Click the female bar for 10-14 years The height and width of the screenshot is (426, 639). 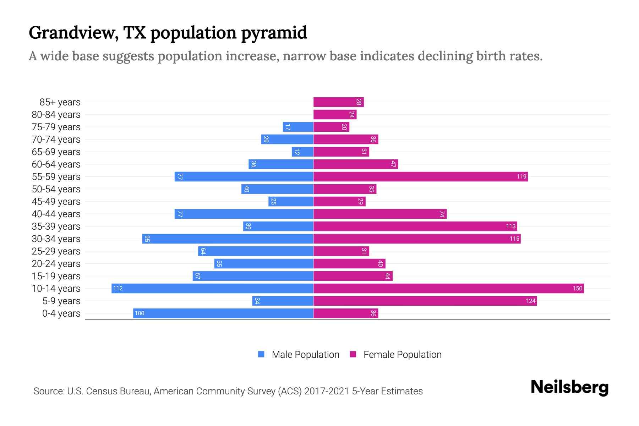pyautogui.click(x=448, y=288)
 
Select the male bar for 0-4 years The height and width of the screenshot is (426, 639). pyautogui.click(x=223, y=313)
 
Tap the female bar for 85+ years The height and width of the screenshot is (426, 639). pyautogui.click(x=338, y=102)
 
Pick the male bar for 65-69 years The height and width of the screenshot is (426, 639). pyautogui.click(x=302, y=152)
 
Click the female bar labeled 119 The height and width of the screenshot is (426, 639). pyautogui.click(x=420, y=176)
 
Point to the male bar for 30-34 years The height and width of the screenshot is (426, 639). pyautogui.click(x=228, y=239)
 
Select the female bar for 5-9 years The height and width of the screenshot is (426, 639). pyautogui.click(x=425, y=301)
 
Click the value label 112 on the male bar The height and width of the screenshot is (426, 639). pyautogui.click(x=118, y=288)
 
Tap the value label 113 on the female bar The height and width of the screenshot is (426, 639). pyautogui.click(x=510, y=226)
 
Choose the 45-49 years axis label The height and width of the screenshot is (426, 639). pyautogui.click(x=56, y=202)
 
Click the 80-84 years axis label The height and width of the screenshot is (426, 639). pyautogui.click(x=56, y=115)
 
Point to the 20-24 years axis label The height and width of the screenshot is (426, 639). pyautogui.click(x=56, y=264)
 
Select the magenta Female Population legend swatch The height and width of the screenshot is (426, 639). pyautogui.click(x=353, y=354)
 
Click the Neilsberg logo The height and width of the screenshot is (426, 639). pyautogui.click(x=569, y=387)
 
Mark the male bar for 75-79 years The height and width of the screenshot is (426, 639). pyautogui.click(x=298, y=127)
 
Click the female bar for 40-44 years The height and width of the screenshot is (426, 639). pyautogui.click(x=380, y=214)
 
